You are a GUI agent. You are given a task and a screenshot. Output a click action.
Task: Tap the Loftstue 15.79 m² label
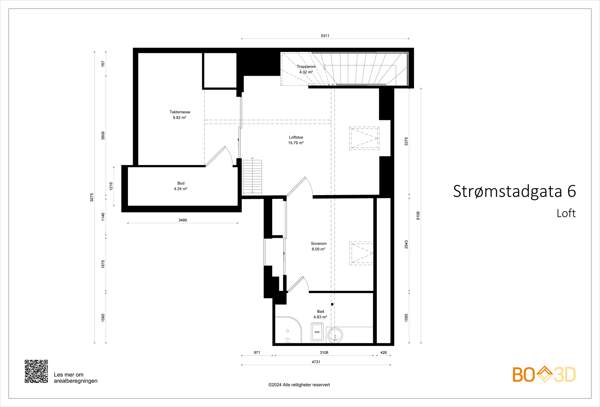coord(296,140)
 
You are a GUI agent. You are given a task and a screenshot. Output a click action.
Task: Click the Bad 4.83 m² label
coord(320,314)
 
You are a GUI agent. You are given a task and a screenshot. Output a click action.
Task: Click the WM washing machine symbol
coord(317,332)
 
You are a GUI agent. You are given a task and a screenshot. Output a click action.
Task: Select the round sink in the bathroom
coord(335,335)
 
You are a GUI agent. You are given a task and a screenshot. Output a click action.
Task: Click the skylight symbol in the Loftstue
coord(364,138)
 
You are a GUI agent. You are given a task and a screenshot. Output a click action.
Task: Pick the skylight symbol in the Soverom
coord(361,253)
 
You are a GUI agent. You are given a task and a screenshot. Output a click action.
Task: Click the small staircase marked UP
coord(252,177)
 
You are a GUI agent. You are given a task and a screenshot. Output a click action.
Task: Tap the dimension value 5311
coord(325,36)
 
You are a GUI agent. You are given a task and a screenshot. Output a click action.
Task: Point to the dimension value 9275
coord(91,197)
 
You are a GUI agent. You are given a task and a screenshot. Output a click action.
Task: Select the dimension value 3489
coord(183,220)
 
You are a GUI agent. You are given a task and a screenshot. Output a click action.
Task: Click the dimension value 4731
coord(316,362)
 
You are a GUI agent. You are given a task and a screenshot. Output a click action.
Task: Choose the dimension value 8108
coord(418,215)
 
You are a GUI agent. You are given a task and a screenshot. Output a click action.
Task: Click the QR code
coord(36,371)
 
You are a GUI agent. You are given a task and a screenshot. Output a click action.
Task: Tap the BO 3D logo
coord(544,374)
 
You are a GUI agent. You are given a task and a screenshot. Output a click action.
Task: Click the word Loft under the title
coord(566,213)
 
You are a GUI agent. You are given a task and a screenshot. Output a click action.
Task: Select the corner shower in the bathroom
coord(288,330)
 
